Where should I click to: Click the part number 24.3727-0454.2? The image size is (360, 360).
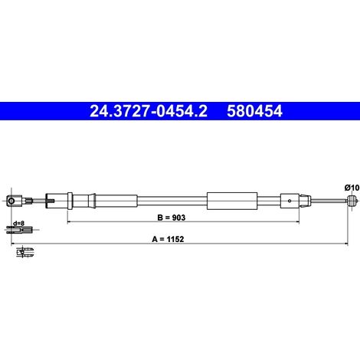(x=149, y=111)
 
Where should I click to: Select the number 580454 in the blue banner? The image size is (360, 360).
(x=254, y=111)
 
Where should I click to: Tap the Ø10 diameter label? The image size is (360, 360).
(x=352, y=188)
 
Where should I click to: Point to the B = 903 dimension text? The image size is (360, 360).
(x=172, y=218)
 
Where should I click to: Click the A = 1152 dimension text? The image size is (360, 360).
(x=168, y=239)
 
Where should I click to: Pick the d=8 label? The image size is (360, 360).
(x=18, y=224)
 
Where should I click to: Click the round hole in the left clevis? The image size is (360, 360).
(x=11, y=201)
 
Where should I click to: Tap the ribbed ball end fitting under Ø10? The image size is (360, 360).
(x=352, y=201)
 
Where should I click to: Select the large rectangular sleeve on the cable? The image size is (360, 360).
(x=232, y=201)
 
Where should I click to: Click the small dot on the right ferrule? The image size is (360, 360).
(x=290, y=201)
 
